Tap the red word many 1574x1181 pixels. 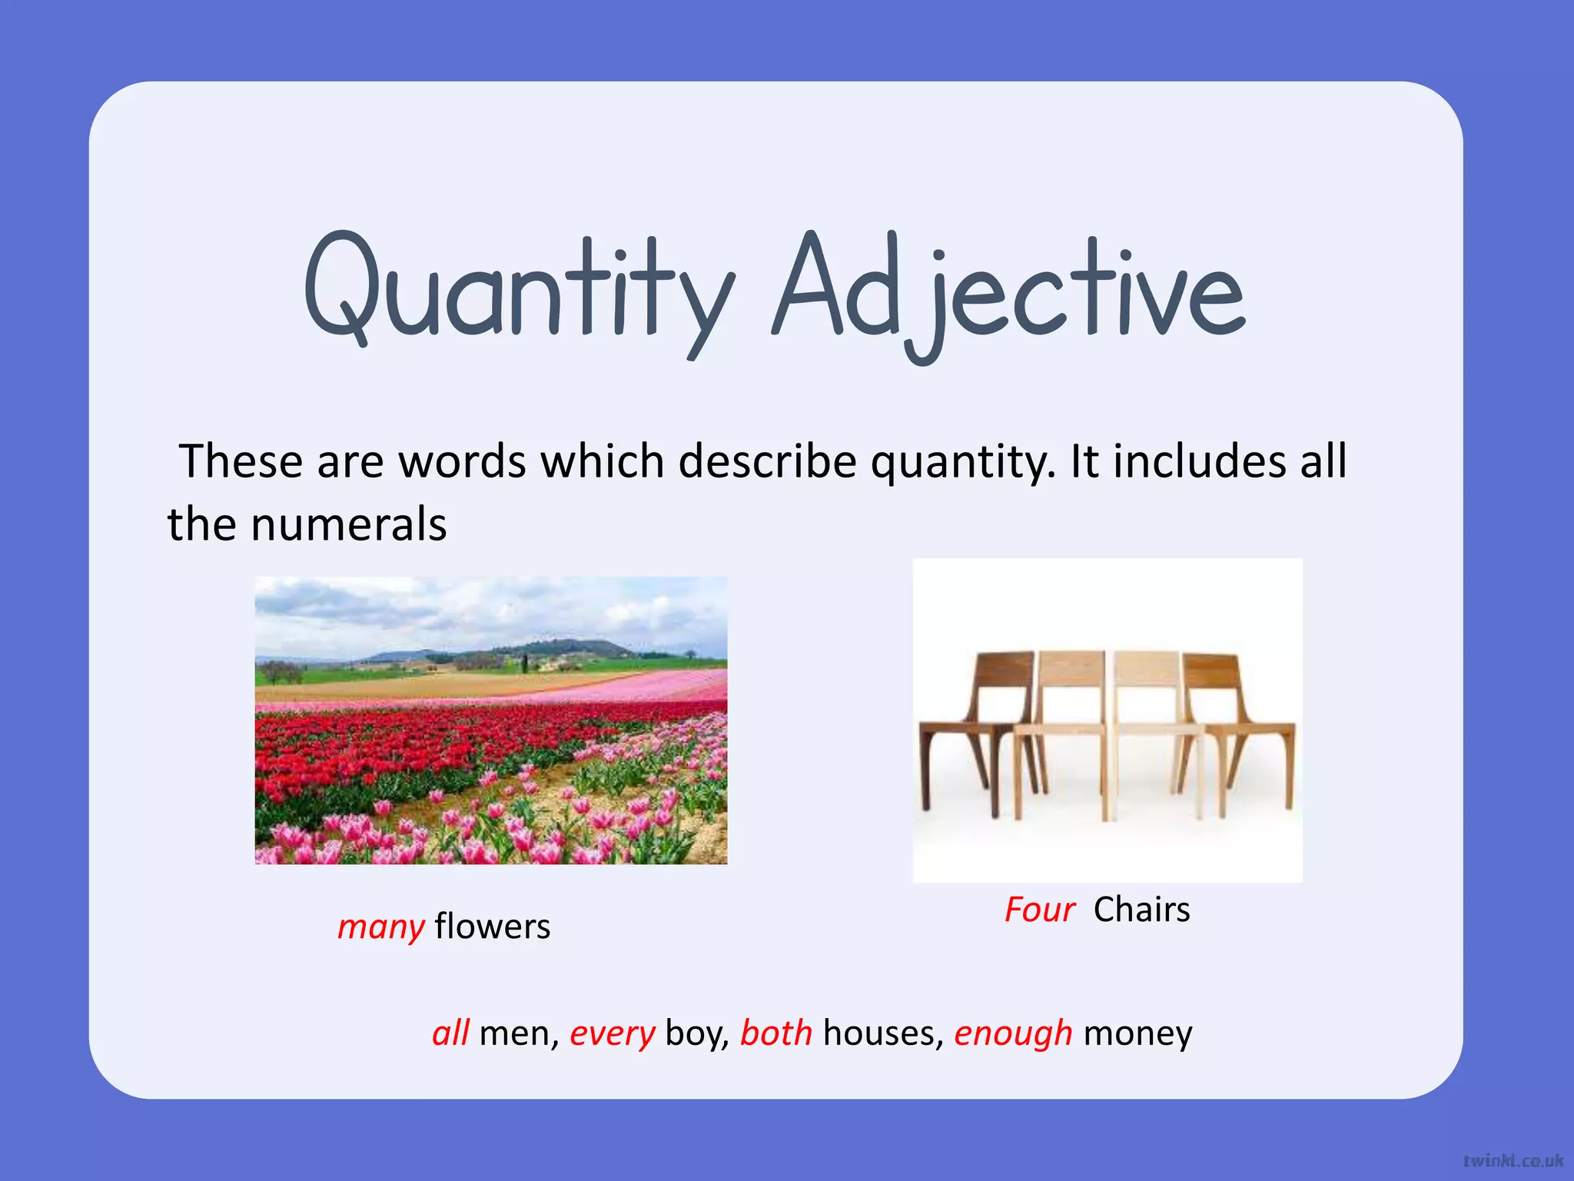tap(380, 927)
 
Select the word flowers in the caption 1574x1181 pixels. tap(493, 927)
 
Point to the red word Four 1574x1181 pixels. tap(1039, 910)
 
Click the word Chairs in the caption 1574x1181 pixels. tap(1141, 910)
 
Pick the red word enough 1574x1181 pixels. tap(1013, 1033)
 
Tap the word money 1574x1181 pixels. tap(1137, 1033)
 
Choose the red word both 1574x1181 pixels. tap(776, 1033)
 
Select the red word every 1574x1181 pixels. tap(612, 1033)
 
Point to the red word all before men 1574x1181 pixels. tap(450, 1033)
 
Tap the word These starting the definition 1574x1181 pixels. tap(241, 461)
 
